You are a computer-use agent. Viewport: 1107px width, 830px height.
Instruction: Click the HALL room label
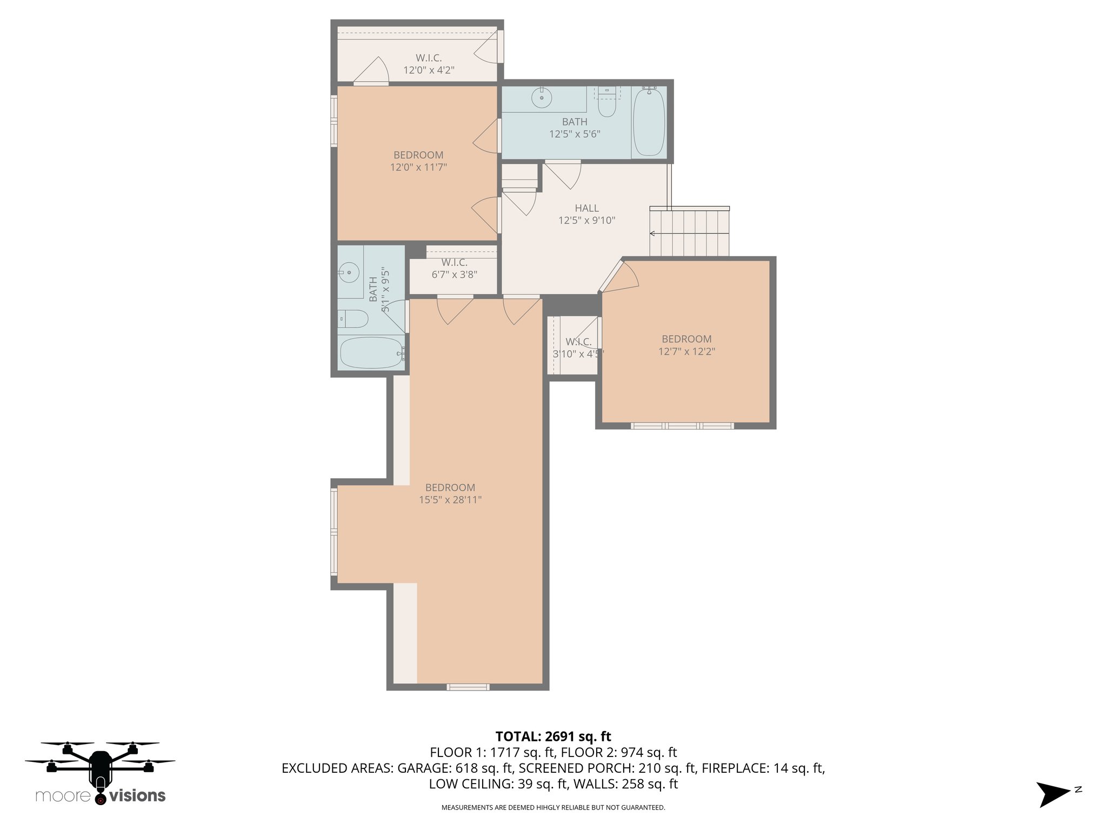coord(586,208)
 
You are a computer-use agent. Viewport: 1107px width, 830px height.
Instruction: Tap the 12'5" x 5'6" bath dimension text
coord(575,134)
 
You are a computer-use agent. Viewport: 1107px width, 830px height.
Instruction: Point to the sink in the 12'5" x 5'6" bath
coord(541,98)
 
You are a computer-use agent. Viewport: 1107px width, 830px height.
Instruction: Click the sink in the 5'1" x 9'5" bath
coord(349,272)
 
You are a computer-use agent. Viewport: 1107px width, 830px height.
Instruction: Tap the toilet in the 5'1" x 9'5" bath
coord(353,319)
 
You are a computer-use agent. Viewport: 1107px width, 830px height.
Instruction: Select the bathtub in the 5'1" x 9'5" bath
coord(371,353)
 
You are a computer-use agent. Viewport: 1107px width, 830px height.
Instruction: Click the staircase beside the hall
coord(689,232)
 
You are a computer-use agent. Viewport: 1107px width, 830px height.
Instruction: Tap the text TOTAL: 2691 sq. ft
coord(553,736)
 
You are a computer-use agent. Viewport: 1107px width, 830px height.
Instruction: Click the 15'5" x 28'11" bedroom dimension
coord(450,500)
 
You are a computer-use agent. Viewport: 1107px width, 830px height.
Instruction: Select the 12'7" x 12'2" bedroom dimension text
coord(686,351)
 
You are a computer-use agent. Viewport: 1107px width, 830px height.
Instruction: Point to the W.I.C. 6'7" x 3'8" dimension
coord(454,275)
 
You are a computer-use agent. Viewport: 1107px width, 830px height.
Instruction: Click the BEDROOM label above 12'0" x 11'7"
coord(418,155)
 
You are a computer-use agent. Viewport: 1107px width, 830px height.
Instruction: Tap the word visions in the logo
coord(138,795)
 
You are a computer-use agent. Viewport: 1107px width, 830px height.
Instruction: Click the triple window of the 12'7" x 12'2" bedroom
coord(682,426)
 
